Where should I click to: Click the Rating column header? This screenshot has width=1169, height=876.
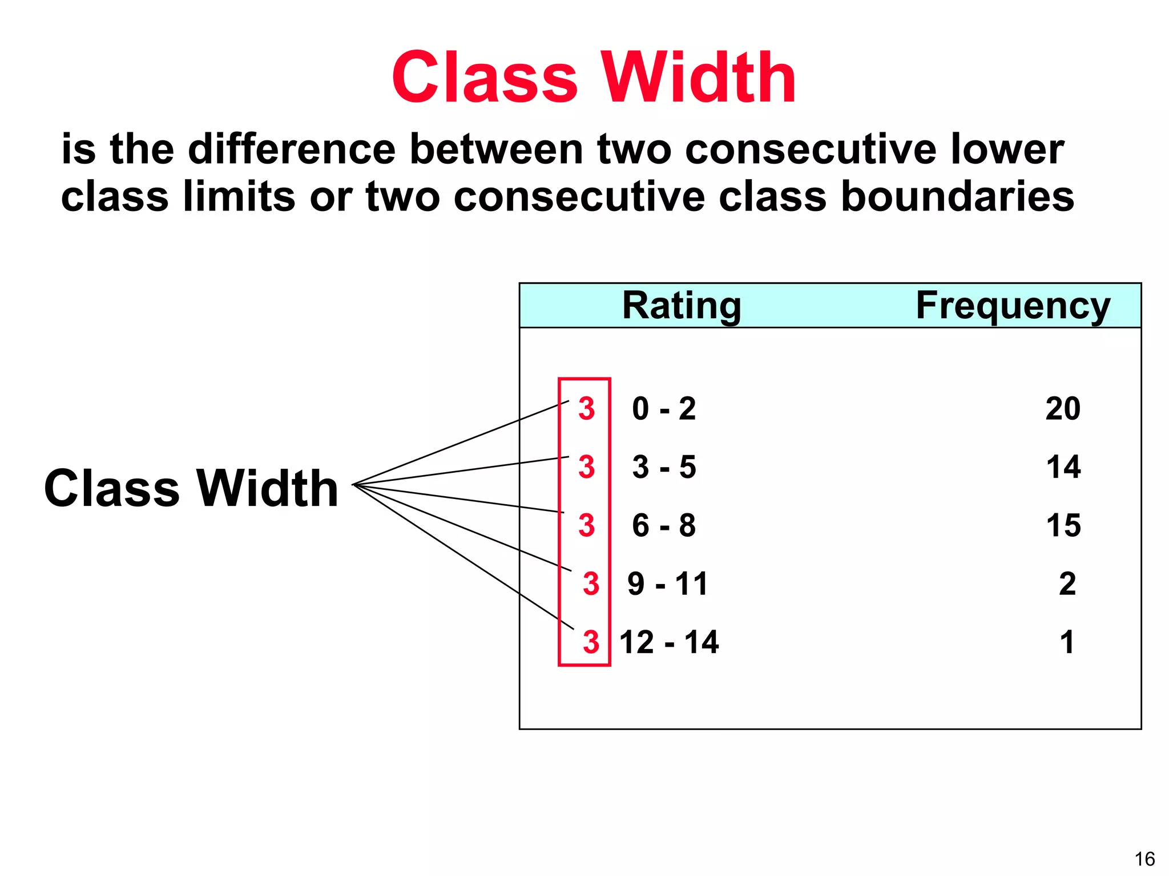click(x=681, y=306)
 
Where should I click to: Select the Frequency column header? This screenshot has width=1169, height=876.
click(x=1013, y=306)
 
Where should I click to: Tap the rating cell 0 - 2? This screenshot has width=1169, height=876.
click(x=664, y=408)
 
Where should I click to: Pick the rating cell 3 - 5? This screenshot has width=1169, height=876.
click(x=664, y=467)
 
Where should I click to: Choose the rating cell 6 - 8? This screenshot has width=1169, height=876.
click(x=664, y=525)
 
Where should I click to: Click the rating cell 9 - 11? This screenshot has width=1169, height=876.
click(x=667, y=583)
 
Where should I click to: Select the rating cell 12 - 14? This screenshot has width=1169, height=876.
click(x=669, y=642)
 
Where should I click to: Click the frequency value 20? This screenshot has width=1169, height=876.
click(x=1063, y=408)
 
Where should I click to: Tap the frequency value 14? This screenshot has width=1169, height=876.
click(x=1063, y=467)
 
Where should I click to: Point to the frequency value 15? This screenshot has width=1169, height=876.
click(x=1063, y=525)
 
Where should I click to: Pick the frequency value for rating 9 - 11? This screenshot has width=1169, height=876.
click(x=1067, y=583)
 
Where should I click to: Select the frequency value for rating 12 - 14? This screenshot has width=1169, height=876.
click(x=1067, y=642)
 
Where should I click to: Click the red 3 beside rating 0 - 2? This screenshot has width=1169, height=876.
click(x=587, y=408)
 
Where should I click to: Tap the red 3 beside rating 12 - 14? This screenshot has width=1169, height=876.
click(x=591, y=642)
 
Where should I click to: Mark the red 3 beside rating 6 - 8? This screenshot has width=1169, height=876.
click(x=587, y=525)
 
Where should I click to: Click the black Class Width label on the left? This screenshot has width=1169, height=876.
click(x=191, y=488)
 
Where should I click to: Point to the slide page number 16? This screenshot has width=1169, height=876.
click(x=1144, y=859)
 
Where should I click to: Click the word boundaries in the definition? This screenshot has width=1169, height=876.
click(x=957, y=196)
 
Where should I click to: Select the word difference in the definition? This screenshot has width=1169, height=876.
click(x=292, y=149)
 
